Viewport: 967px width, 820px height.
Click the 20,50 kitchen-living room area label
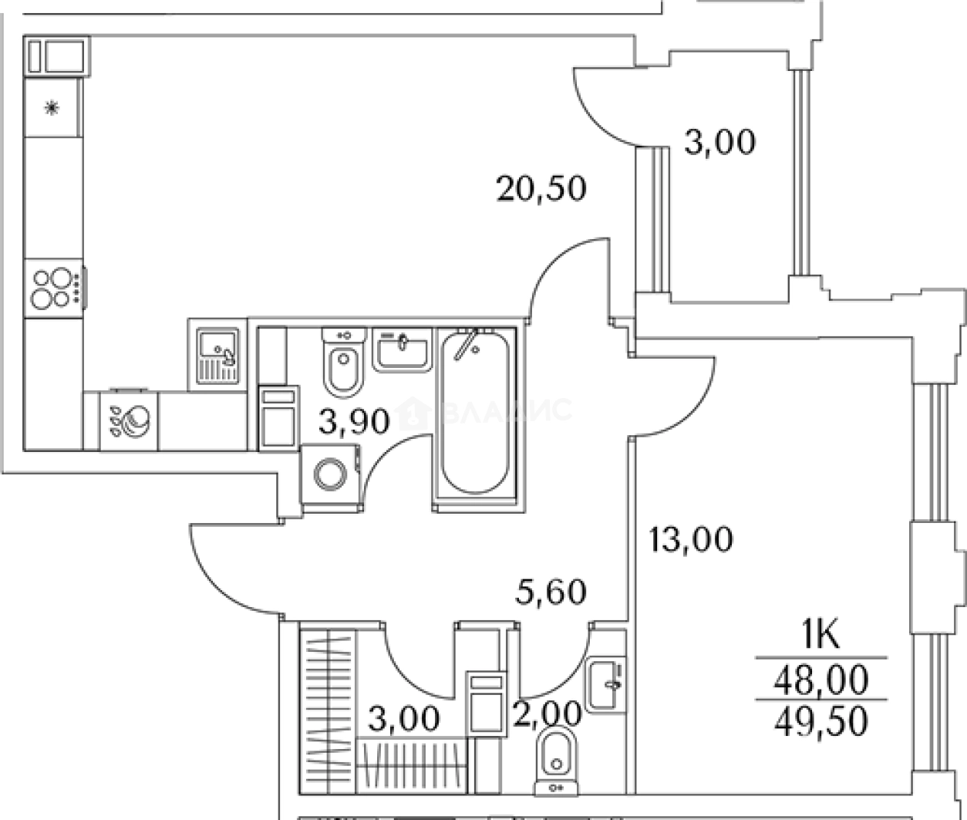click(x=541, y=189)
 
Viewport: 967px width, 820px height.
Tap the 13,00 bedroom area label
click(x=691, y=540)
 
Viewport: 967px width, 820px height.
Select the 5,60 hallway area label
click(x=551, y=592)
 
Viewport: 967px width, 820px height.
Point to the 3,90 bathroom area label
click(x=354, y=421)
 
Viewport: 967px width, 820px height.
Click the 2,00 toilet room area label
click(x=548, y=714)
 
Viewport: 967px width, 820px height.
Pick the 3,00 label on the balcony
click(x=719, y=142)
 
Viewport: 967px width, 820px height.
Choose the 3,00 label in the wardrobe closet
click(x=404, y=718)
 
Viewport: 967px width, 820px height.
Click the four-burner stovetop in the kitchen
click(x=54, y=289)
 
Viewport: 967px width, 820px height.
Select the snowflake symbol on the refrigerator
click(x=52, y=109)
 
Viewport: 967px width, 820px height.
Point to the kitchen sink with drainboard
click(x=217, y=356)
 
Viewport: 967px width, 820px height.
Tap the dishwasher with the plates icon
click(x=129, y=420)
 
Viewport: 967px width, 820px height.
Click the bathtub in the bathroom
click(x=475, y=413)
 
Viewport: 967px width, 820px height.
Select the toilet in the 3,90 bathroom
click(x=344, y=363)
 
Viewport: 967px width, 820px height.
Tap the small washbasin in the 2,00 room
click(x=605, y=685)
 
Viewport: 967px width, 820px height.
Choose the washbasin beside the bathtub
click(x=403, y=350)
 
